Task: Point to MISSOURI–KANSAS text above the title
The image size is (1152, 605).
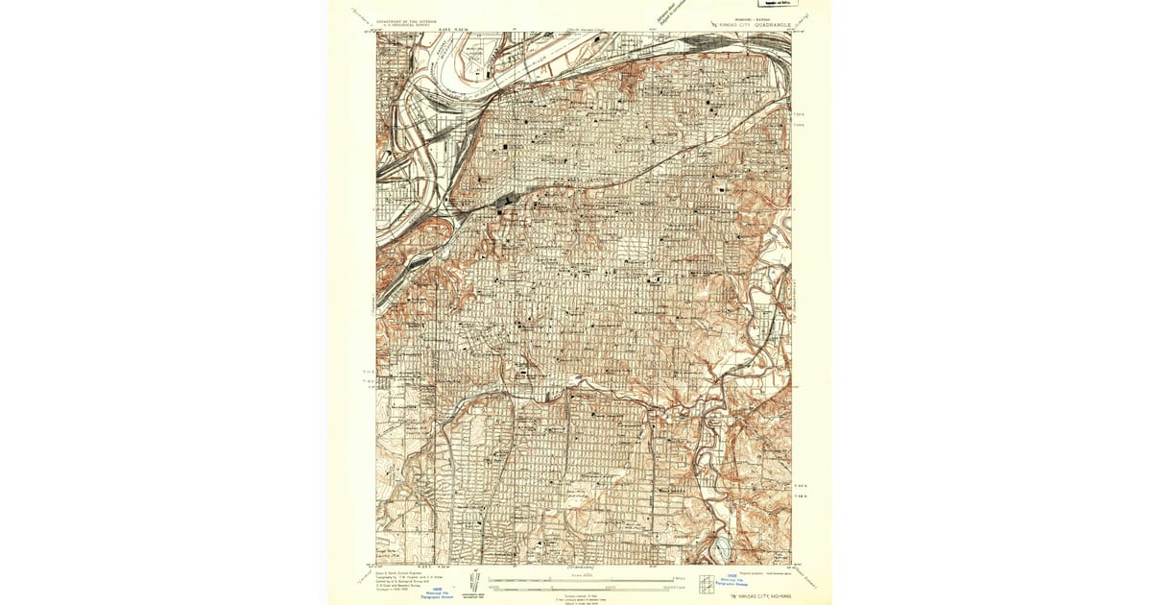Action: pos(750,17)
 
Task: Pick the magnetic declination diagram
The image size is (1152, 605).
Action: pos(471,584)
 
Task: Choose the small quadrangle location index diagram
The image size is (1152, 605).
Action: pos(707,583)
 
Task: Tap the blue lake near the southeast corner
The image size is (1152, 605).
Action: pos(721,550)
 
